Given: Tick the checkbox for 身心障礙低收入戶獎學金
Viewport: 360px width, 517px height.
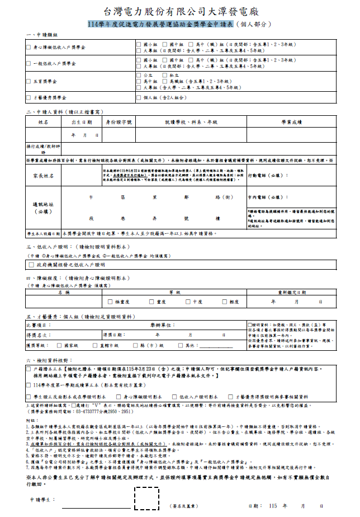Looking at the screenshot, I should pos(29,48).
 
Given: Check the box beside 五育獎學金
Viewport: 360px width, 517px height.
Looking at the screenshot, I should pos(29,81).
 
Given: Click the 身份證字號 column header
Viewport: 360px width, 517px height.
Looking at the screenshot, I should pos(119,121).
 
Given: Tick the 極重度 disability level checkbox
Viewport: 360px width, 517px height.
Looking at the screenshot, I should pos(111,302).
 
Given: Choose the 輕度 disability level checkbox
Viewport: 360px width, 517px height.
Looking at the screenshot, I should pos(216,302).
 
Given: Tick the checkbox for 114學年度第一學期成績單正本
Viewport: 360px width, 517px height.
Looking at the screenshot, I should pos(29,386).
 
